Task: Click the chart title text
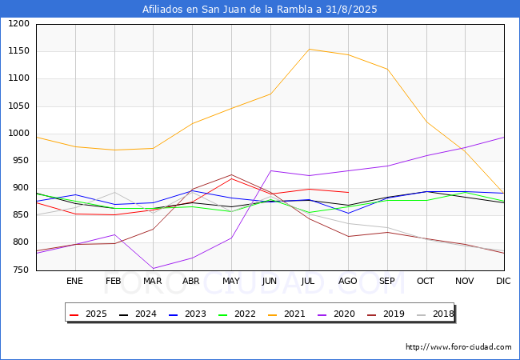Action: click(260, 10)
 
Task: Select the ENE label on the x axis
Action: click(74, 282)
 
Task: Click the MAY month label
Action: click(230, 282)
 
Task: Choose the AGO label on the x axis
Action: click(347, 282)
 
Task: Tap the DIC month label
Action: click(503, 282)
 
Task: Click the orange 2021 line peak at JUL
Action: click(309, 50)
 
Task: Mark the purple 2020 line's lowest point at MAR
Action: click(153, 269)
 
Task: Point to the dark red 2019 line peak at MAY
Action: click(231, 175)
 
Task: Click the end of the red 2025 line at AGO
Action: click(348, 192)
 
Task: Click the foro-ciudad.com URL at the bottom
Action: click(458, 347)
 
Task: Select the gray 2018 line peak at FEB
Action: click(114, 192)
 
